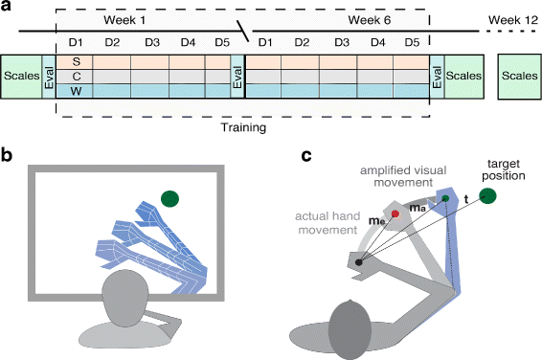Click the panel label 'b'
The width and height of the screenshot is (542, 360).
[9, 154]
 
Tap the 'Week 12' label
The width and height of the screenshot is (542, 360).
[513, 19]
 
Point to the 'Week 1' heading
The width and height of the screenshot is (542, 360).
[144, 19]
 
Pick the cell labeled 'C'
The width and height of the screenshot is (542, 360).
[76, 76]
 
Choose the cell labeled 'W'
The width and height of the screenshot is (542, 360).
[76, 90]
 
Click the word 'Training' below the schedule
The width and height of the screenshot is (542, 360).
[243, 124]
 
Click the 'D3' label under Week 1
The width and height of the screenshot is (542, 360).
[150, 42]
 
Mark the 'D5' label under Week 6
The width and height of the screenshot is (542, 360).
[411, 42]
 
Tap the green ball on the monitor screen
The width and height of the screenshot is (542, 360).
[171, 199]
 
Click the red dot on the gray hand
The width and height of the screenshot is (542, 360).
[394, 214]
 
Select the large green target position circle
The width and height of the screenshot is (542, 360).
[489, 196]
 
